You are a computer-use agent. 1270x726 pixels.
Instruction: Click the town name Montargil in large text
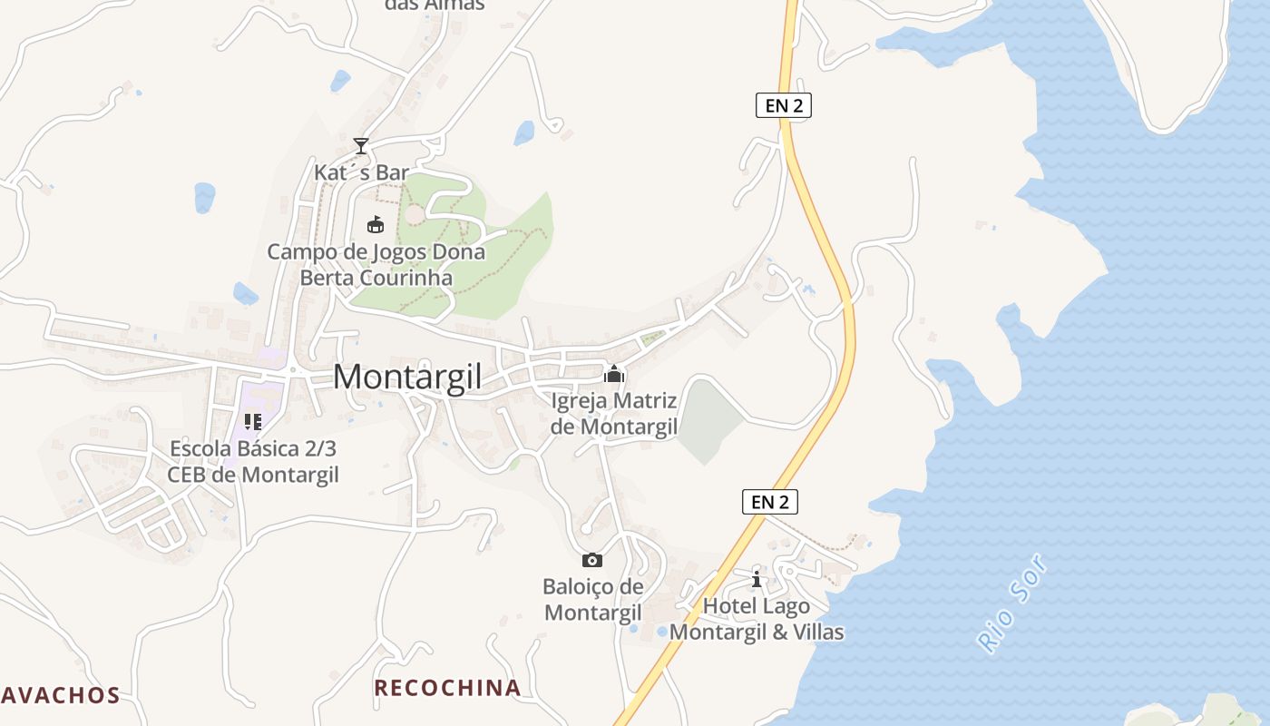tap(407, 377)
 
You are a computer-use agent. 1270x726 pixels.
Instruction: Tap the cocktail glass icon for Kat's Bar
tap(361, 145)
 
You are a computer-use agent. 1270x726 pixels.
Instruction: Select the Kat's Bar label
tap(361, 172)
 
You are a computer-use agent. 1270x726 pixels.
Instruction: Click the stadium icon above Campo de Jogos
tap(375, 223)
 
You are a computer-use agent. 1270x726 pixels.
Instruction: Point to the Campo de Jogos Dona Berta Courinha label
tap(376, 265)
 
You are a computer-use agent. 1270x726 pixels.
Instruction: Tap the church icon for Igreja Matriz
tap(614, 373)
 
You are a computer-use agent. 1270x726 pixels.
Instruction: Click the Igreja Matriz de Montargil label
tap(614, 413)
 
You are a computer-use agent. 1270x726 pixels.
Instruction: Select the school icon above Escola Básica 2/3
tap(253, 422)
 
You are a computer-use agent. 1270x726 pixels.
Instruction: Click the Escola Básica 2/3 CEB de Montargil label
tap(253, 462)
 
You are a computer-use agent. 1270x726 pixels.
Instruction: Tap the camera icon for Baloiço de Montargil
tap(591, 560)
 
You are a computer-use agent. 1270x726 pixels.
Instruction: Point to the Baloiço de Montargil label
tap(593, 600)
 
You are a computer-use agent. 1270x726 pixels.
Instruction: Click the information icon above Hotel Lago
tap(757, 579)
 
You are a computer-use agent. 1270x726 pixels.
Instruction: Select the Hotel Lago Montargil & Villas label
tap(757, 619)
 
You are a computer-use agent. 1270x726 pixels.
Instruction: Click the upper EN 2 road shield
tap(784, 105)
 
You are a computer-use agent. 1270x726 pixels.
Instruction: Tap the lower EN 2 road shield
tap(770, 501)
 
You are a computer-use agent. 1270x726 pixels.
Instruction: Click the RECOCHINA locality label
tap(448, 688)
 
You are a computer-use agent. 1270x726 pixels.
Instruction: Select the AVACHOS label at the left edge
tap(60, 696)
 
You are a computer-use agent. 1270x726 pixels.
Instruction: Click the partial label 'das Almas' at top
tap(435, 5)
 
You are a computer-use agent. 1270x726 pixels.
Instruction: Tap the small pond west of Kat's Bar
tap(205, 197)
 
